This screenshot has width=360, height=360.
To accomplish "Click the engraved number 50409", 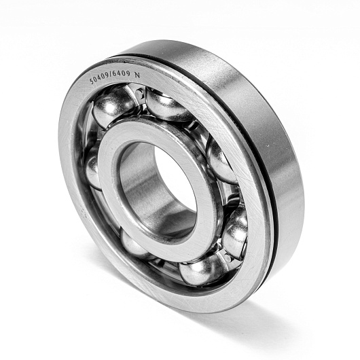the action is click(x=100, y=78).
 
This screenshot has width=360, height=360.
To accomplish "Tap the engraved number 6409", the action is click(x=122, y=74).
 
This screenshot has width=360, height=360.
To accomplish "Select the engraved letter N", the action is click(x=137, y=75).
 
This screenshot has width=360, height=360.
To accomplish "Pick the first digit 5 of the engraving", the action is click(x=92, y=82).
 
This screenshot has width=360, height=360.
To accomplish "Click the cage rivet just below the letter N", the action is click(x=140, y=93).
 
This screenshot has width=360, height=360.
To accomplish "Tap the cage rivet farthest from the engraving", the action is click(x=228, y=257).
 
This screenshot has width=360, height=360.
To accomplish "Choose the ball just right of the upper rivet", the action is click(x=168, y=105).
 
